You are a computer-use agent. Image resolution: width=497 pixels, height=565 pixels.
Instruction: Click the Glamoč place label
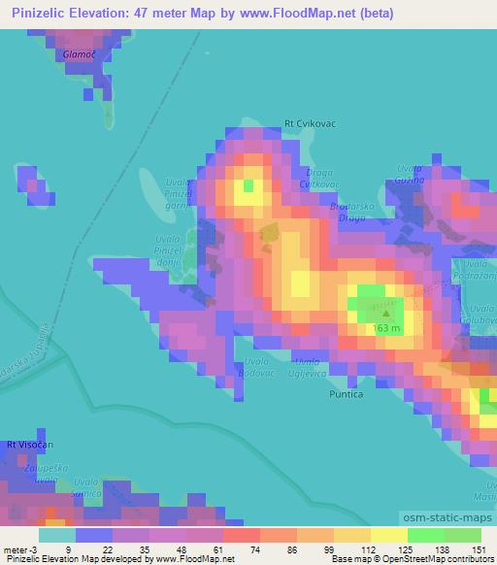tap(79, 55)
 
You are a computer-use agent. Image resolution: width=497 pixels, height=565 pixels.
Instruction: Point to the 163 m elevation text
tap(386, 327)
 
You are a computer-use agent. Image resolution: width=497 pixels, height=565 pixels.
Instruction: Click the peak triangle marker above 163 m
tap(386, 312)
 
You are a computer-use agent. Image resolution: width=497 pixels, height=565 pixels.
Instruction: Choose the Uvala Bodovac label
tap(253, 365)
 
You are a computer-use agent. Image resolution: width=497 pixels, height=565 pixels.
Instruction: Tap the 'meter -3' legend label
tap(20, 549)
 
